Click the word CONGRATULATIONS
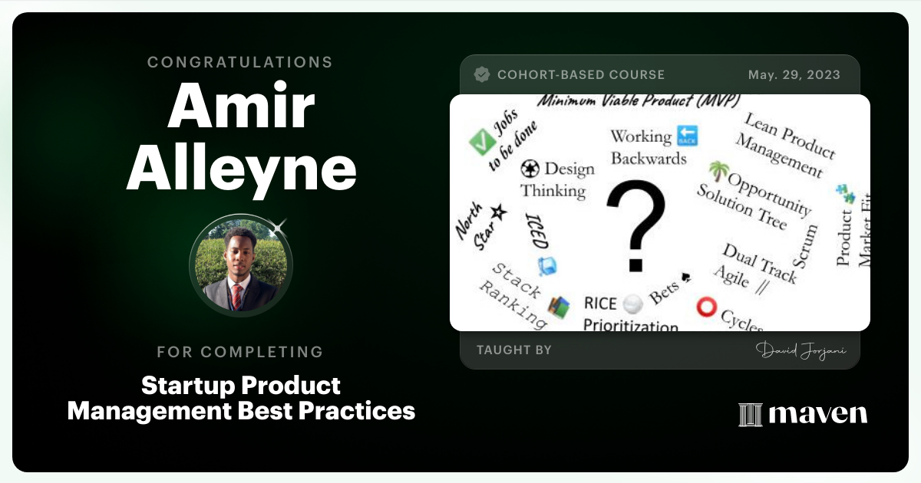[x=240, y=62]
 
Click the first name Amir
[x=241, y=106]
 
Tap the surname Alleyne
[x=241, y=169]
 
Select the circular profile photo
[x=241, y=265]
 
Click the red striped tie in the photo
[x=237, y=297]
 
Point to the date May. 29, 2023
[x=794, y=75]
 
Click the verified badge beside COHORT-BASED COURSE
[x=482, y=75]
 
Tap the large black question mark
[x=636, y=226]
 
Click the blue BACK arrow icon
[x=687, y=136]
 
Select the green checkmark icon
[x=482, y=141]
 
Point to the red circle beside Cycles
[x=706, y=307]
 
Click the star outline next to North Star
[x=499, y=212]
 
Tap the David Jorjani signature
[x=801, y=350]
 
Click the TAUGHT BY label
[x=514, y=350]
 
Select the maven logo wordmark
[x=818, y=413]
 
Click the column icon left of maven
[x=751, y=415]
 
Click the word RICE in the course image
[x=600, y=304]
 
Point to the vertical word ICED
[x=537, y=231]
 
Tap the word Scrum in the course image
[x=805, y=246]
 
